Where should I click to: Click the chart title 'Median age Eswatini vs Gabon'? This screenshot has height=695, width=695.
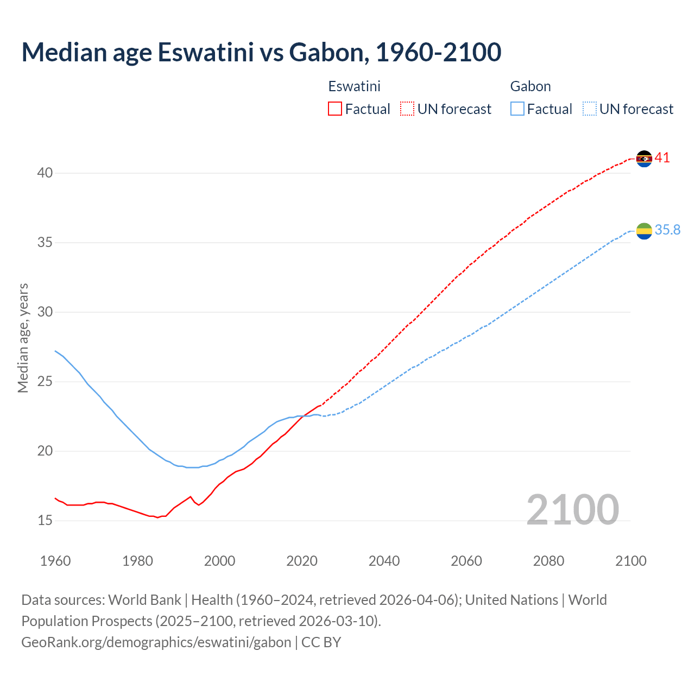pyautogui.click(x=261, y=52)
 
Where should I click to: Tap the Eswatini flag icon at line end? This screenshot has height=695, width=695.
pyautogui.click(x=644, y=159)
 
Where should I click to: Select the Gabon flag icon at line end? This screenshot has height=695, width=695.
pyautogui.click(x=644, y=231)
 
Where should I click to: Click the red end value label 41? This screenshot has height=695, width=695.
pyautogui.click(x=662, y=158)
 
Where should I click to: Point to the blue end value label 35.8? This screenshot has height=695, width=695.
pyautogui.click(x=667, y=230)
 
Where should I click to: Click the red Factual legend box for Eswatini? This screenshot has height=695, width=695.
pyautogui.click(x=335, y=109)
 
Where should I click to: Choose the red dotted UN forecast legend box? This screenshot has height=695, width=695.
pyautogui.click(x=407, y=109)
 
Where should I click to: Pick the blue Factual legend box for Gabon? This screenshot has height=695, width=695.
pyautogui.click(x=517, y=109)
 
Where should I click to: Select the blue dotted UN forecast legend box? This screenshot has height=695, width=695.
pyautogui.click(x=589, y=109)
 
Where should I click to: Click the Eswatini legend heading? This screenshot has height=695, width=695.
pyautogui.click(x=354, y=86)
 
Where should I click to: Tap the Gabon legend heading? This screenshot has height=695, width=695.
pyautogui.click(x=530, y=86)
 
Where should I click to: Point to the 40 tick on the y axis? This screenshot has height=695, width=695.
pyautogui.click(x=45, y=173)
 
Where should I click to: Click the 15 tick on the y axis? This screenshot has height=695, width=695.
pyautogui.click(x=45, y=521)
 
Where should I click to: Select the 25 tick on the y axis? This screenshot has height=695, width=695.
pyautogui.click(x=45, y=382)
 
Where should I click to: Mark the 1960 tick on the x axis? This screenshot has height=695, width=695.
pyautogui.click(x=55, y=561)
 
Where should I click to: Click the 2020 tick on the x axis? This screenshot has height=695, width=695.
pyautogui.click(x=302, y=561)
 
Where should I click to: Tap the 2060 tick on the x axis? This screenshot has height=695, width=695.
pyautogui.click(x=466, y=561)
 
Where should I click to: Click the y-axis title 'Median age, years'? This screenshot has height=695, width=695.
pyautogui.click(x=23, y=338)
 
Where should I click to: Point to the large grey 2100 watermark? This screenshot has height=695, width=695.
pyautogui.click(x=573, y=510)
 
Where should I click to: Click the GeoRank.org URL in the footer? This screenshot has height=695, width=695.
pyautogui.click(x=156, y=642)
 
